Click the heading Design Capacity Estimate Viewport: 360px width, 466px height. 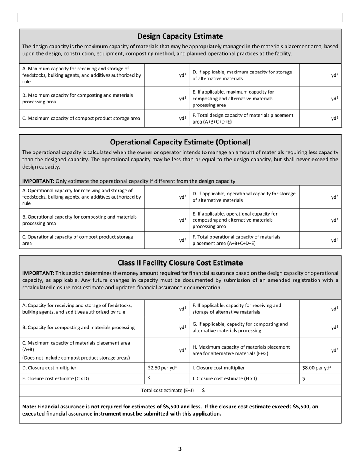[x=180, y=36]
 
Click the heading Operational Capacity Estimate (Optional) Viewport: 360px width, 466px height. [x=180, y=142]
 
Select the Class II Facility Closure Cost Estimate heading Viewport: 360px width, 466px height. [x=180, y=263]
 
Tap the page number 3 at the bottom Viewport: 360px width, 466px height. [x=180, y=449]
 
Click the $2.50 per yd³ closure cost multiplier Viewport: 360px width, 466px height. [x=162, y=368]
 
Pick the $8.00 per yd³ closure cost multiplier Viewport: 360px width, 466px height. [x=316, y=368]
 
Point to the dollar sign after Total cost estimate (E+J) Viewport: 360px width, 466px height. [x=203, y=390]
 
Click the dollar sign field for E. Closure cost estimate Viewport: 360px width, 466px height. [x=149, y=378]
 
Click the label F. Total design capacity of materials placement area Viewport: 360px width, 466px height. [x=243, y=119]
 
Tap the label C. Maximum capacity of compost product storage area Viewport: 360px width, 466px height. [x=81, y=119]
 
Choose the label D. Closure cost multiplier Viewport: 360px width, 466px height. [x=49, y=368]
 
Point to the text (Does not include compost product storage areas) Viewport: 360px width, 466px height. [x=76, y=358]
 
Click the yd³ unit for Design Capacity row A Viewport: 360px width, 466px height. [x=183, y=75]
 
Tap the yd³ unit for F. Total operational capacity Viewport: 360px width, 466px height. [x=334, y=240]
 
